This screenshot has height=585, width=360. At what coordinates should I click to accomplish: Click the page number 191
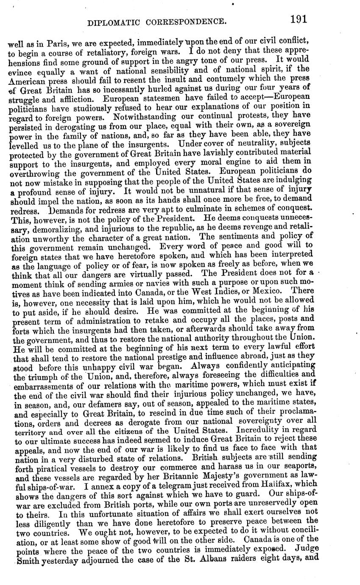coord(298,19)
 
